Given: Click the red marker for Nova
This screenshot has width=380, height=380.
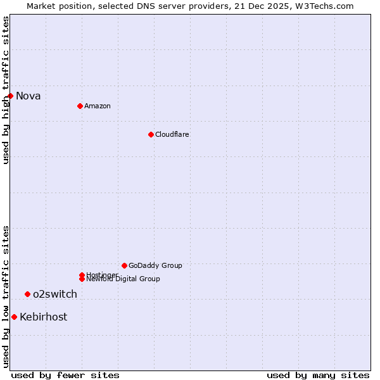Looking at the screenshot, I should click(x=11, y=96).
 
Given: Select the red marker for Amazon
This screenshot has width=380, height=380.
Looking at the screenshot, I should click(x=80, y=106).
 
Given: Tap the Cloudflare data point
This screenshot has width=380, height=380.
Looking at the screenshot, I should click(x=151, y=134).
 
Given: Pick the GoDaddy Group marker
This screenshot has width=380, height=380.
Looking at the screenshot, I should click(x=124, y=265).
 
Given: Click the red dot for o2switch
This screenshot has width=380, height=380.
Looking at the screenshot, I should click(x=27, y=294).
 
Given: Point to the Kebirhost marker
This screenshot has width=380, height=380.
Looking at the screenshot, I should click(x=14, y=317).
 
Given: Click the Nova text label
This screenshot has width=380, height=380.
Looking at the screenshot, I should click(x=28, y=96).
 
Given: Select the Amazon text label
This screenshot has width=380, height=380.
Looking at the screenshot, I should click(x=98, y=106).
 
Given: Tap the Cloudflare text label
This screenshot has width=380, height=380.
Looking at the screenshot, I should click(x=172, y=134).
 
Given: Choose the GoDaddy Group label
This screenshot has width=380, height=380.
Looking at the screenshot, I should click(x=155, y=265).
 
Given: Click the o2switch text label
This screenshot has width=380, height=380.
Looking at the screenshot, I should click(x=55, y=294).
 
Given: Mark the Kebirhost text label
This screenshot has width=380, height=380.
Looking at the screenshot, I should click(x=44, y=317).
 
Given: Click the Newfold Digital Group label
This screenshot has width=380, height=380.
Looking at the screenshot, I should click(x=123, y=279).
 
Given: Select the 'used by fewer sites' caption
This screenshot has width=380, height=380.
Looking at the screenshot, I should click(x=65, y=375).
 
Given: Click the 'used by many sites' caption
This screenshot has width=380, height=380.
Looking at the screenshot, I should click(x=318, y=375).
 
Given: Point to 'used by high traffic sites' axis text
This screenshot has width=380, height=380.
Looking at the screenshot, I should click(x=6, y=90).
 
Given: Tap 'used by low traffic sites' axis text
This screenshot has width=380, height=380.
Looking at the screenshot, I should click(x=6, y=296).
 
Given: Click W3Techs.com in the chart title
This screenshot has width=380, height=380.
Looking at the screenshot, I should click(x=323, y=6).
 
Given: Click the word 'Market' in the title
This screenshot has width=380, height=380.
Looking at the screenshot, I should click(x=41, y=6).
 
